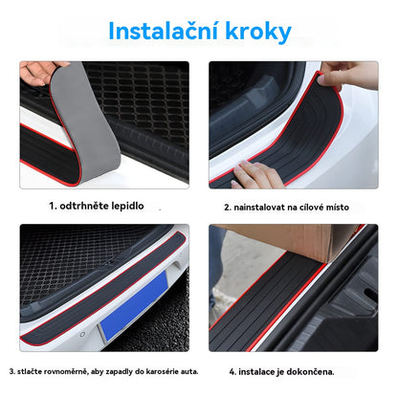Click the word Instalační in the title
pyautogui.click(x=162, y=31)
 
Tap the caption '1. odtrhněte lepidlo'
pyautogui.click(x=97, y=205)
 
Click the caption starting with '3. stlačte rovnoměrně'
pyautogui.click(x=103, y=369)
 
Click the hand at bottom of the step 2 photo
pyautogui.click(x=258, y=175)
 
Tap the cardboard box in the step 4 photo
pyautogui.click(x=287, y=240)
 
